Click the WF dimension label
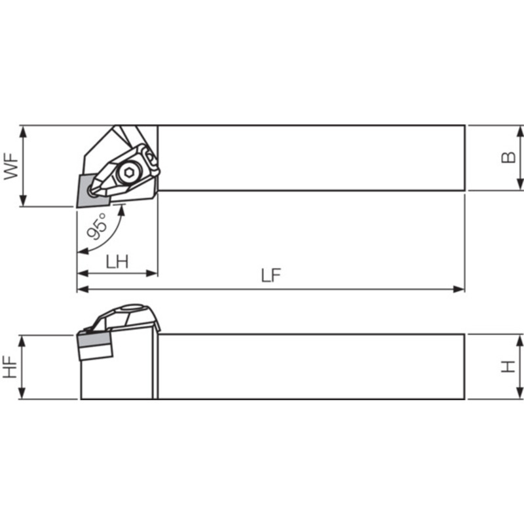point(11,166)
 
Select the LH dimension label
point(117,261)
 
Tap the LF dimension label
point(271,275)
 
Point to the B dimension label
point(508,157)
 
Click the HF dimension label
point(10,367)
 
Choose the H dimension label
point(508,367)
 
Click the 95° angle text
point(97,227)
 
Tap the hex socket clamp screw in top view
point(128,172)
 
